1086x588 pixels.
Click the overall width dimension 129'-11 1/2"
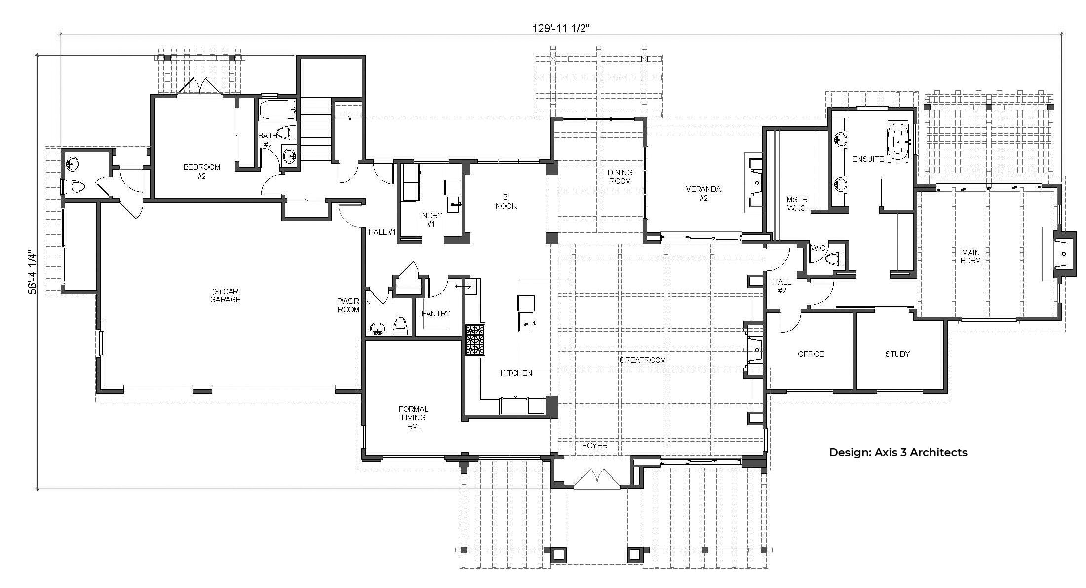[x=561, y=28]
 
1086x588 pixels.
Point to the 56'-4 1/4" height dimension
[x=33, y=272]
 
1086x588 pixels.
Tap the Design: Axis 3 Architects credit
[x=898, y=452]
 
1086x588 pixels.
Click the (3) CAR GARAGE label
[x=225, y=295]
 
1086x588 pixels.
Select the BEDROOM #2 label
[x=201, y=171]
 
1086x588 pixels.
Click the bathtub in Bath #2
[x=277, y=110]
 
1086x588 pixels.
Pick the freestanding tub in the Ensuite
[x=898, y=142]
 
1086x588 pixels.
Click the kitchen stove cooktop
[x=475, y=339]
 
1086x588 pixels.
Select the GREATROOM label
[x=642, y=360]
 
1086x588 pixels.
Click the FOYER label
[x=594, y=445]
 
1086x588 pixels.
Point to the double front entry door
[x=596, y=478]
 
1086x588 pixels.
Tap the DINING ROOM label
[x=620, y=176]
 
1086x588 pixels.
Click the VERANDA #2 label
[x=703, y=193]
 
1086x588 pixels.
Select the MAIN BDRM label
[x=970, y=257]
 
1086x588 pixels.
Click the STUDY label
[x=897, y=354]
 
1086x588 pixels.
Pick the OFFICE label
[x=811, y=354]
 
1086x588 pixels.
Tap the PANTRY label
[x=435, y=313]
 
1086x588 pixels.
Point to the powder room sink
[x=377, y=329]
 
